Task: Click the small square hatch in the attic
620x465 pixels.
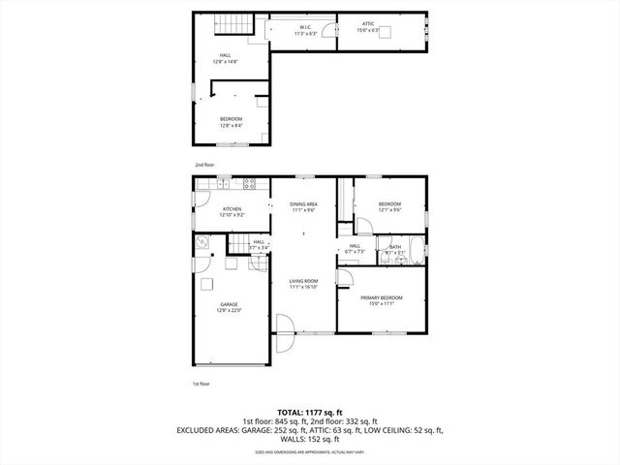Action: [386, 32]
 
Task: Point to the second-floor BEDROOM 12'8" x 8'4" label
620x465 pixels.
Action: [231, 121]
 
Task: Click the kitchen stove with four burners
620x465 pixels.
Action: [249, 183]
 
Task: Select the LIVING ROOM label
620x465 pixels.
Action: [303, 284]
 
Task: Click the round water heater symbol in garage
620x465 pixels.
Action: [203, 243]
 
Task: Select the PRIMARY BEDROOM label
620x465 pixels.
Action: [382, 300]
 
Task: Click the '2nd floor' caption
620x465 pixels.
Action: [204, 166]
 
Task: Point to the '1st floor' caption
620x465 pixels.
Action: [201, 385]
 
